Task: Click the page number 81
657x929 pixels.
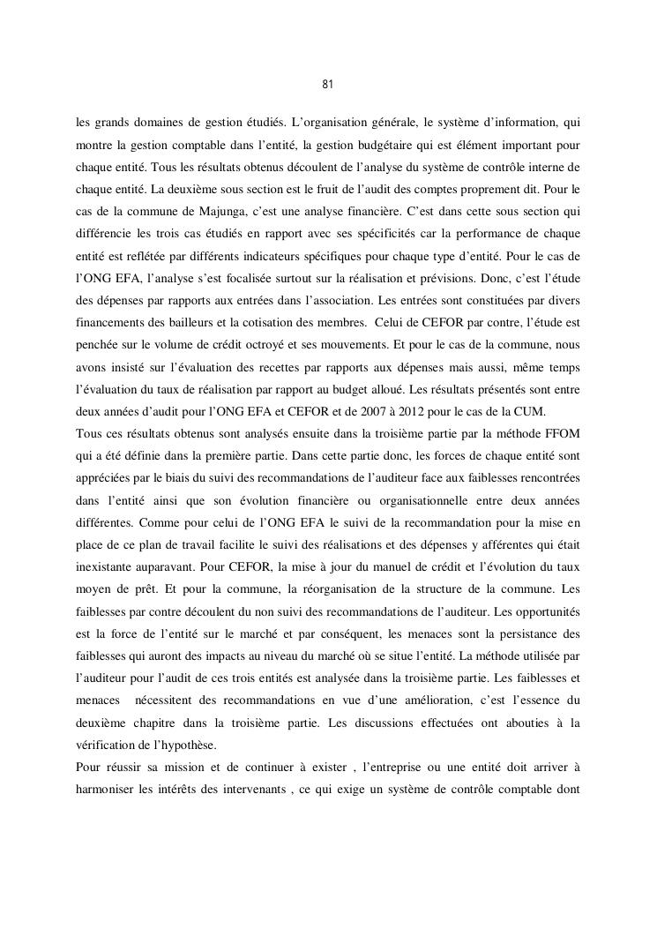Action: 327,85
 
